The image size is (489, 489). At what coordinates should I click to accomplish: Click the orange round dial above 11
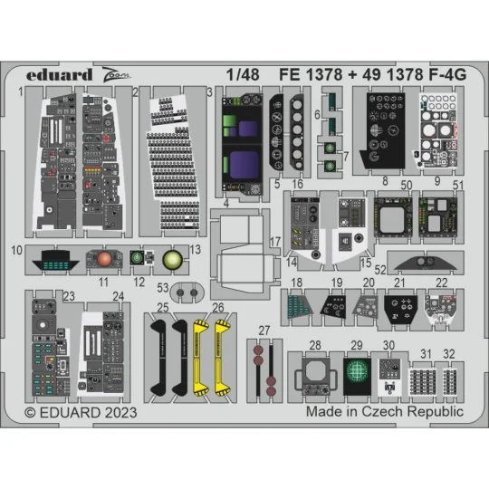pyautogui.click(x=106, y=259)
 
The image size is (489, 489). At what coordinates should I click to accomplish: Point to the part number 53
pyautogui.click(x=162, y=287)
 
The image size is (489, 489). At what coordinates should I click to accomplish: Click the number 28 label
pyautogui.click(x=314, y=344)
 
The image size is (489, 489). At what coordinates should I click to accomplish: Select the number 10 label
pyautogui.click(x=17, y=248)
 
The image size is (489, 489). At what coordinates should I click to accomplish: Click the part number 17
pyautogui.click(x=274, y=242)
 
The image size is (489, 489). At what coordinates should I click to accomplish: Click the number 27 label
pyautogui.click(x=264, y=329)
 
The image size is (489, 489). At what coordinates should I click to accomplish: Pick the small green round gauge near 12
pyautogui.click(x=137, y=258)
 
